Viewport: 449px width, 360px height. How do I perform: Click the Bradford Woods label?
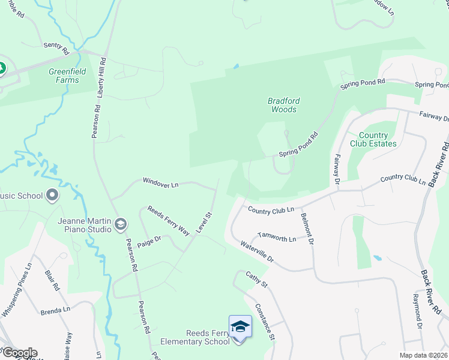[x=283, y=105]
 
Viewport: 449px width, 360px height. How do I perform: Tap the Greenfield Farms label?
[x=64, y=76]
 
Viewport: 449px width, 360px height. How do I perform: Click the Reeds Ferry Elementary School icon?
[x=240, y=327]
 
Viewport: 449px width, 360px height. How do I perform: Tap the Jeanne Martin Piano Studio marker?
[x=120, y=224]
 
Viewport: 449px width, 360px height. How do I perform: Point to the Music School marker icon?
[x=52, y=195]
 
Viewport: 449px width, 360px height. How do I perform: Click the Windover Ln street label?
[x=160, y=182]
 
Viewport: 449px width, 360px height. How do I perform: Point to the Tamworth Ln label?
[x=277, y=238]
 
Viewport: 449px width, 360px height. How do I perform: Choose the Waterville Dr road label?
[x=257, y=252]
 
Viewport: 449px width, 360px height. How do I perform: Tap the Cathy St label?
[x=256, y=280]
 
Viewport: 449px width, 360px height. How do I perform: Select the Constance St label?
[x=264, y=322]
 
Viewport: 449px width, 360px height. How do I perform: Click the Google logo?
[x=19, y=353]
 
